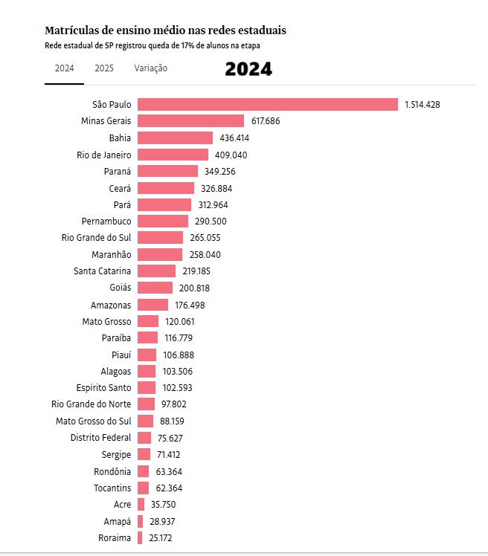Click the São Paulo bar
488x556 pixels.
268,105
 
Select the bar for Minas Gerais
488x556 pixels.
190,121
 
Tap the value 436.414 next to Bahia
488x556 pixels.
234,138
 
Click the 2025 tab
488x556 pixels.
104,68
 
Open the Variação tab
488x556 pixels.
151,68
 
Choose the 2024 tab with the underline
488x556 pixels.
64,68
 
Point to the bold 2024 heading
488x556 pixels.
248,70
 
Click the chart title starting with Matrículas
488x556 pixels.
165,30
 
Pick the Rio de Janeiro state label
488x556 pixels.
104,155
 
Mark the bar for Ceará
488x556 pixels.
166,188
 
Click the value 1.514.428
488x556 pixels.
423,105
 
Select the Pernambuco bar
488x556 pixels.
163,222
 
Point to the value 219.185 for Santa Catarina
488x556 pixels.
197,271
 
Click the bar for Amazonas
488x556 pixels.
152,305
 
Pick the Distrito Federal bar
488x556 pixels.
144,438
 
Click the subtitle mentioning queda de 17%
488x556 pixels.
155,45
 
